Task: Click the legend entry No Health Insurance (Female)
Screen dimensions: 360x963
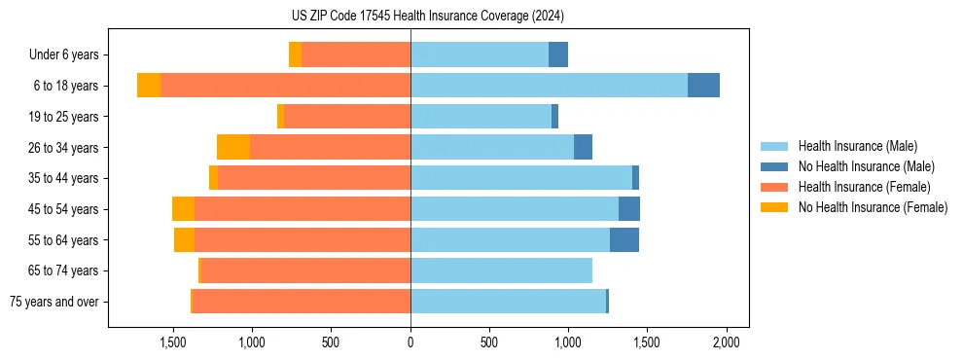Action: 873,207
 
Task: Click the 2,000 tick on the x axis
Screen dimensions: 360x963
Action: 727,342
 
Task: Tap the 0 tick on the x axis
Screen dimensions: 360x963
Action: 410,342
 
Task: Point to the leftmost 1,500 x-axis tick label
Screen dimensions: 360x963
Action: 172,342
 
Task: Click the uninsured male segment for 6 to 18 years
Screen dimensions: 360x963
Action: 703,86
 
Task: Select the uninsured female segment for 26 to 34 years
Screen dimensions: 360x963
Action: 233,147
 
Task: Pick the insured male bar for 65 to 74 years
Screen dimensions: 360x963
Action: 501,270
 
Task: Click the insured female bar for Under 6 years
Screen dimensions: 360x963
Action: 356,54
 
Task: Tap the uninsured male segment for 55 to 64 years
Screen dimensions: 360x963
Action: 624,239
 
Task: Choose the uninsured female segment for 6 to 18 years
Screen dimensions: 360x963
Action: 149,86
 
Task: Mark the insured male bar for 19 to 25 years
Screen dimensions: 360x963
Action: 481,117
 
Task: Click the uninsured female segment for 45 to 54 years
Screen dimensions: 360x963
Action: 183,209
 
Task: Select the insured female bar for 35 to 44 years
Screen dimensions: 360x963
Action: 314,178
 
